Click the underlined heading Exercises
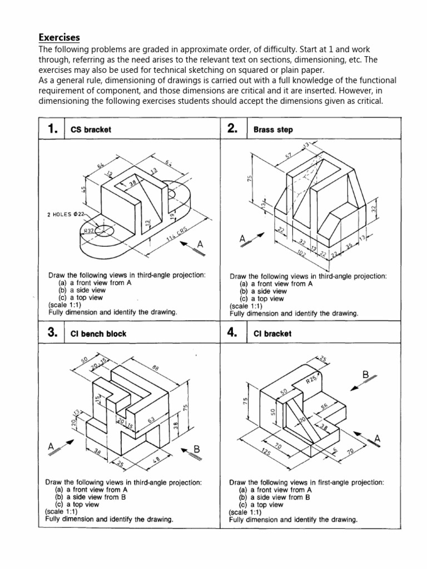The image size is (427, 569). coord(59,37)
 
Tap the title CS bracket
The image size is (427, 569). coord(91,129)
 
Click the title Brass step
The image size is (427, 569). coord(273,129)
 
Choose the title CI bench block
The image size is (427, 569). coord(98,333)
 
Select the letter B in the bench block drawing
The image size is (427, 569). coord(196,448)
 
